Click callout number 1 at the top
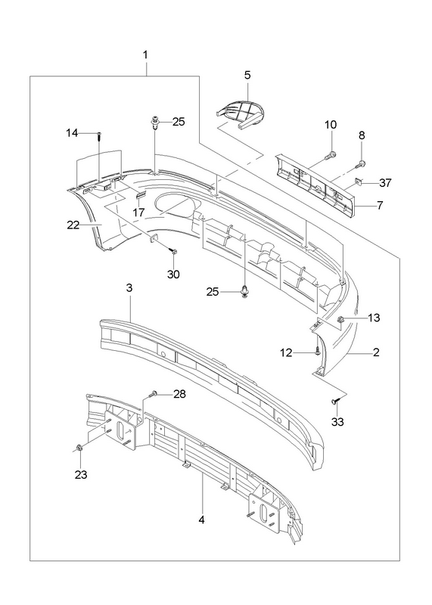pyautogui.click(x=145, y=55)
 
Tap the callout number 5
pyautogui.click(x=247, y=75)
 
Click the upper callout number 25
pyautogui.click(x=179, y=122)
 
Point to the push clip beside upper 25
pyautogui.click(x=155, y=123)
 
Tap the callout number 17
pyautogui.click(x=138, y=213)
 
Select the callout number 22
pyautogui.click(x=73, y=225)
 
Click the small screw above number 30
pyautogui.click(x=173, y=252)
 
